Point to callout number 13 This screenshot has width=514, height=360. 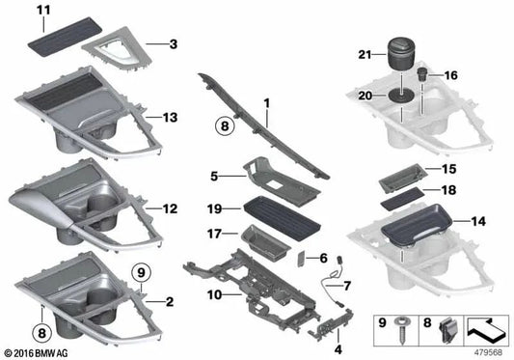171,117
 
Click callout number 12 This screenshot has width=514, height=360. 171,208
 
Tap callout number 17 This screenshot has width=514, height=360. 214,233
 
